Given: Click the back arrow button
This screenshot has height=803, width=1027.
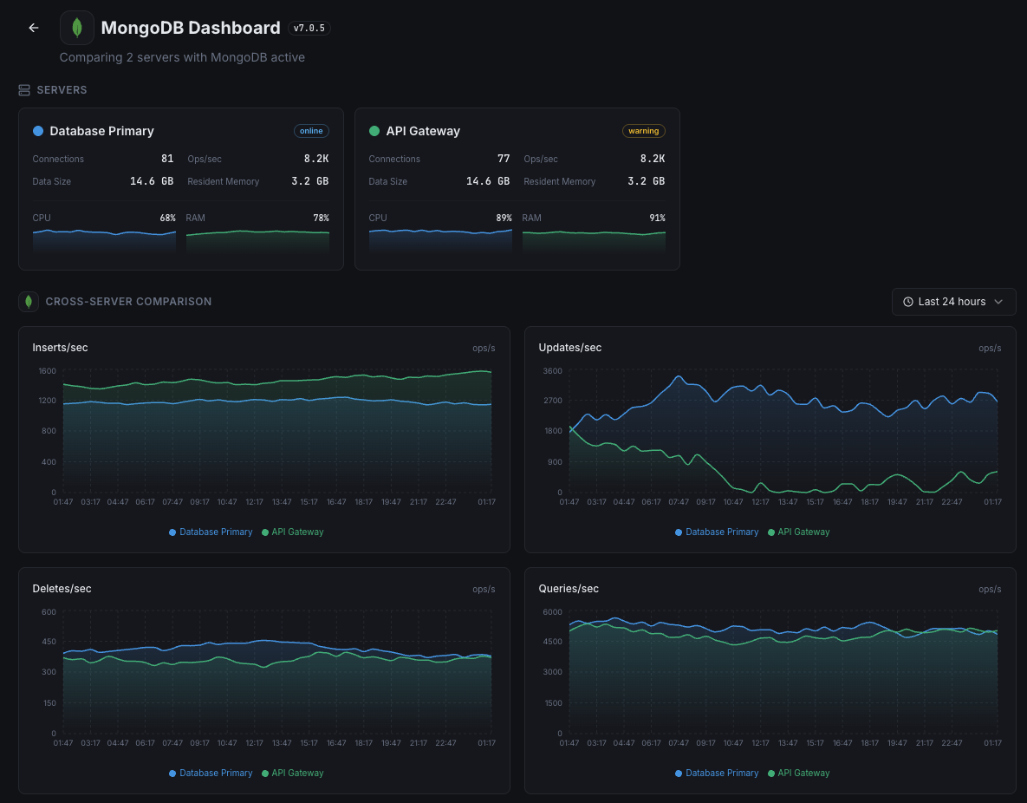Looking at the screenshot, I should point(34,28).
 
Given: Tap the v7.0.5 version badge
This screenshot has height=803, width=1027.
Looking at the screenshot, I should point(309,28).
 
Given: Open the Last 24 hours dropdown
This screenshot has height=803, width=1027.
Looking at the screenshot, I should point(953,302).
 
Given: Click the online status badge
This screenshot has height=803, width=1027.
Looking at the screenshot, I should point(311,131).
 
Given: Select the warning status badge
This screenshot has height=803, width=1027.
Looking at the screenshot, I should point(643,131).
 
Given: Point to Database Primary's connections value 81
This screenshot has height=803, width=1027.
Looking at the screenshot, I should point(167,159).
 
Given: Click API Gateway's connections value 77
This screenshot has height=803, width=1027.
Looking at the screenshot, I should point(504,159).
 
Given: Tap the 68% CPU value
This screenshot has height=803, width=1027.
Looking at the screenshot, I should point(167,218).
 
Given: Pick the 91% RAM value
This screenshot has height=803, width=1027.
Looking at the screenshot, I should point(657,218).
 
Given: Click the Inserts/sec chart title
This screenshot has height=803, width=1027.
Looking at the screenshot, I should point(60,348).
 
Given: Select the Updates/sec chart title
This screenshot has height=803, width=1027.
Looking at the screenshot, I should point(569,348).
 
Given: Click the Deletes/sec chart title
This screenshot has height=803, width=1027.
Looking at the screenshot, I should point(62,589).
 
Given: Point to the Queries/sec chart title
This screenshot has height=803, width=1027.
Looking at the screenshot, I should point(569,589).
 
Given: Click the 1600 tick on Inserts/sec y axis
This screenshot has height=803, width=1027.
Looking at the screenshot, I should point(47,371).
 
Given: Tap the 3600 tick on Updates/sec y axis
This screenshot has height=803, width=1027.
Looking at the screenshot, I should point(553,371).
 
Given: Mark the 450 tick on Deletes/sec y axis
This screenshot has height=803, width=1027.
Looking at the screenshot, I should point(49,642).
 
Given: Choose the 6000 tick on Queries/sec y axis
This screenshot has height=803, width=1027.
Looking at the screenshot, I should point(553,612).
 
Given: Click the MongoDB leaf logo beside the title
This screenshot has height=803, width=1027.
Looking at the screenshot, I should point(77,28).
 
